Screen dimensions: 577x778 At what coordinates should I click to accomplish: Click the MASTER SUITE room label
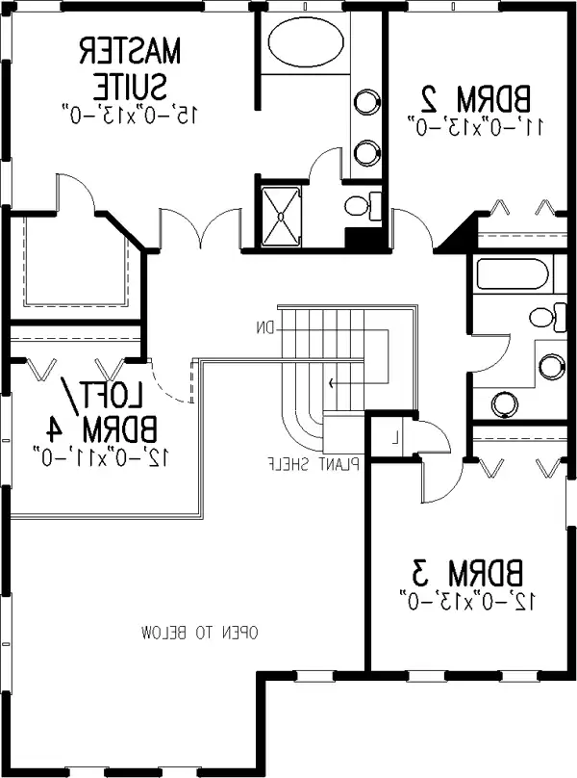pos(130,69)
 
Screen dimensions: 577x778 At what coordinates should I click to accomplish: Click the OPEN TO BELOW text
pos(199,634)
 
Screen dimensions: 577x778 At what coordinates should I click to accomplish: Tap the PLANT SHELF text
pos(314,464)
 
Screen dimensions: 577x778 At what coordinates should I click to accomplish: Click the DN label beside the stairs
pos(265,328)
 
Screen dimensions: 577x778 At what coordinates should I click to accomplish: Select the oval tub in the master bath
pos(306,41)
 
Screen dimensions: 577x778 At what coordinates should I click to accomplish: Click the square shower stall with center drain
pos(281,216)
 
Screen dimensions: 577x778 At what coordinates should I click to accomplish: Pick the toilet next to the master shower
pos(363,205)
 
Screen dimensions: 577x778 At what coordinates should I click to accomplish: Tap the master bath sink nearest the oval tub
pos(367,102)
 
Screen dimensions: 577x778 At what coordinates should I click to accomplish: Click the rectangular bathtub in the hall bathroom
pos(514,273)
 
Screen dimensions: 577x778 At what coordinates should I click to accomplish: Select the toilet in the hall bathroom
pos(548,317)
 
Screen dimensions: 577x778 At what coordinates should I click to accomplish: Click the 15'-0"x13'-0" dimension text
pos(130,115)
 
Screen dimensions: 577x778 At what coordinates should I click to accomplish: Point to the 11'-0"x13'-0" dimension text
pos(476,126)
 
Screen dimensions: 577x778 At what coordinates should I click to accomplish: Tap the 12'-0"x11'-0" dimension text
pos(102,456)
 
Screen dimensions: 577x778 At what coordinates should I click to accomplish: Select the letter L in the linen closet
pos(395,437)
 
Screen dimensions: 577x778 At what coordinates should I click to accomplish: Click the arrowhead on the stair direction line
pos(331,382)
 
